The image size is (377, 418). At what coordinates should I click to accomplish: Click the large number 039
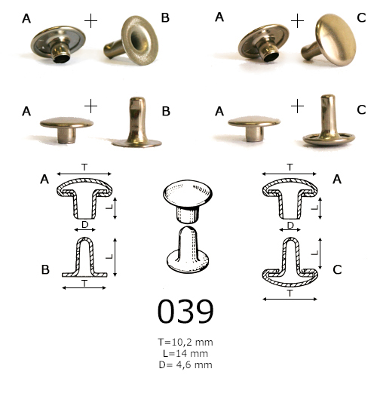click(x=185, y=311)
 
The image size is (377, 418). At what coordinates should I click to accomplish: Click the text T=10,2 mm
click(x=185, y=342)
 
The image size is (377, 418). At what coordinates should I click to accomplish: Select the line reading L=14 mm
click(x=185, y=353)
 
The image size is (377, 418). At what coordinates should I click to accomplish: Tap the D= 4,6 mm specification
click(x=185, y=364)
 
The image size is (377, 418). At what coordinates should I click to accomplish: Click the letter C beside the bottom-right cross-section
click(x=337, y=270)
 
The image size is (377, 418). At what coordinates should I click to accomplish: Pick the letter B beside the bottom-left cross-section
click(x=45, y=270)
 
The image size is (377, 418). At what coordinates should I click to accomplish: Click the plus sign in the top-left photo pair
click(x=90, y=21)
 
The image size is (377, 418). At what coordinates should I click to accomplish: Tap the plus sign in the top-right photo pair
click(x=297, y=21)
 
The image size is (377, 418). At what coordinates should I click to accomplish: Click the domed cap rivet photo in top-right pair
click(x=329, y=40)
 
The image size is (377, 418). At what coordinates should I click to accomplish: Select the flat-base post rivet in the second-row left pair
click(x=136, y=123)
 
